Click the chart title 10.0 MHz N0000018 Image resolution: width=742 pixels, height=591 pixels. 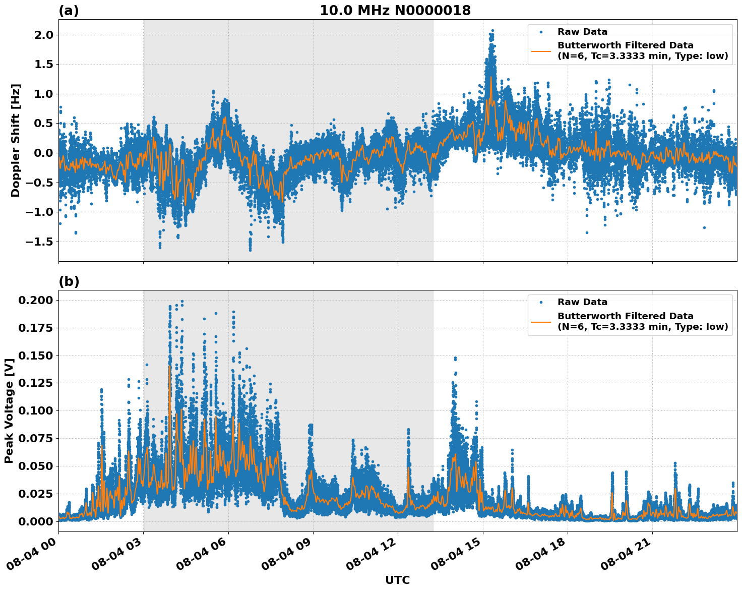(395, 11)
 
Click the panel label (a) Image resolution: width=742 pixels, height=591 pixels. (69, 11)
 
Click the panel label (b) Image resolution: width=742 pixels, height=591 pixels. (69, 281)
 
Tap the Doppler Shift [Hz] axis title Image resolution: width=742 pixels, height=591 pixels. (16, 140)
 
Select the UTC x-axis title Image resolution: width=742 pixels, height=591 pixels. (397, 580)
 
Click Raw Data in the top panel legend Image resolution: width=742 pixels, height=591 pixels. (582, 32)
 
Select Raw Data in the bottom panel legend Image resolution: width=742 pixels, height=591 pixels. (582, 302)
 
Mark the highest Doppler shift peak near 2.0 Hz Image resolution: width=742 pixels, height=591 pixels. (492, 31)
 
